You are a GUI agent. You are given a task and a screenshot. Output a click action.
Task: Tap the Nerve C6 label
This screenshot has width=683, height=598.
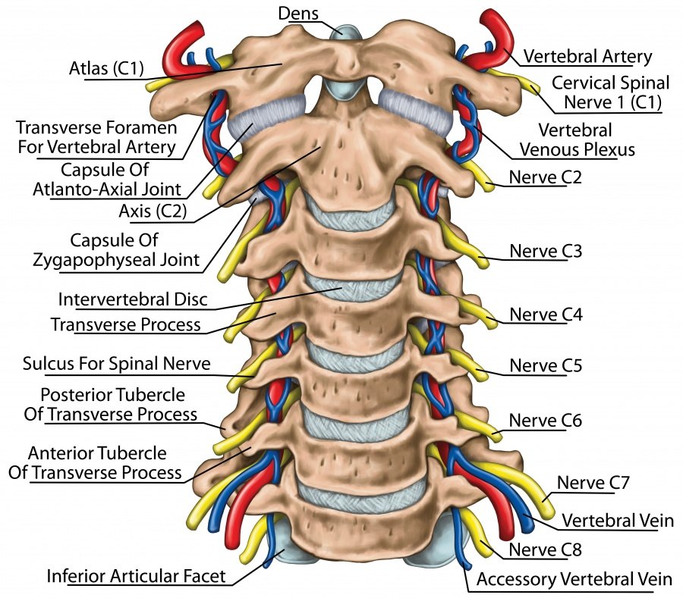click(x=538, y=420)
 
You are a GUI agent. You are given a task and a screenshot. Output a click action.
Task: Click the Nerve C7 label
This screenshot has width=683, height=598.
click(x=587, y=482)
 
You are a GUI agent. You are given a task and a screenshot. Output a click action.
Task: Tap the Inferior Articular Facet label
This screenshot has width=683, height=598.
click(x=136, y=576)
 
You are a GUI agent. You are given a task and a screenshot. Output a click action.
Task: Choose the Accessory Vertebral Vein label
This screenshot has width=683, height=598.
click(x=574, y=580)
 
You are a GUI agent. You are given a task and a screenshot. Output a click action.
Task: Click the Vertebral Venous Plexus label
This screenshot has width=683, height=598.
click(x=577, y=139)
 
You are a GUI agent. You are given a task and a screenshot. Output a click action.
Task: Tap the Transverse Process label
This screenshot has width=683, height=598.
click(x=125, y=324)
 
